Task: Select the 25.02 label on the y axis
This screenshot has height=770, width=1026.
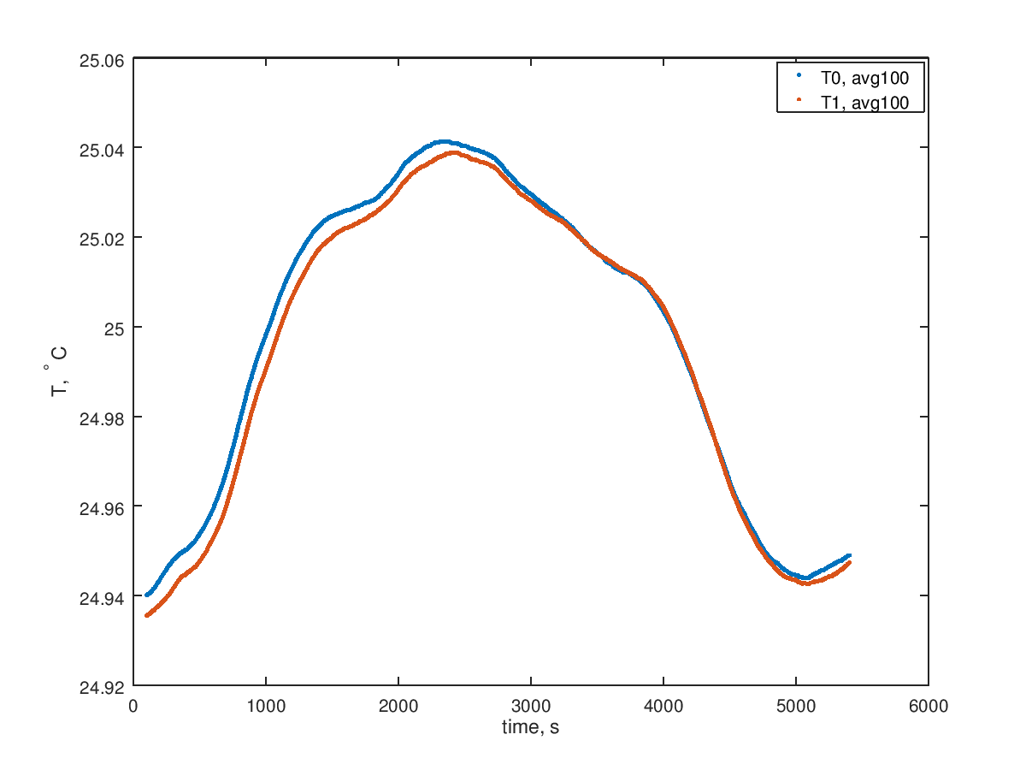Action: click(x=102, y=239)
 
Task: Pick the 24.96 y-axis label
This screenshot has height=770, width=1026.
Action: click(x=102, y=507)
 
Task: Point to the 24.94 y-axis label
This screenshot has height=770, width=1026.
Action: click(x=102, y=597)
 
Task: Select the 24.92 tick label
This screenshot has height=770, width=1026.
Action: click(x=102, y=686)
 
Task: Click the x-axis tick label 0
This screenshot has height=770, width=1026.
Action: click(x=133, y=706)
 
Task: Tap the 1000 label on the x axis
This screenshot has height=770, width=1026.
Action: click(x=266, y=706)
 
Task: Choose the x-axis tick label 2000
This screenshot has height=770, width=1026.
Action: click(x=398, y=706)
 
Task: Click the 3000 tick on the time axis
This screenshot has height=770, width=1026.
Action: click(x=531, y=706)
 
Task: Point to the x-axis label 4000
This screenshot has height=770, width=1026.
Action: click(x=663, y=706)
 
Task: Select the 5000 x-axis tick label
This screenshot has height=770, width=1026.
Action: click(x=796, y=706)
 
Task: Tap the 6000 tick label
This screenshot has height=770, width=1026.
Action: click(x=929, y=706)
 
